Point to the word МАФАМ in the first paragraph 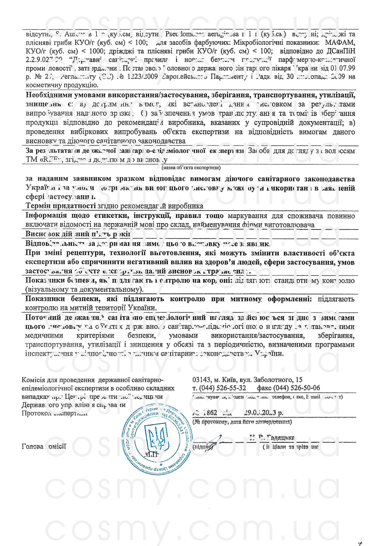pos(340,43)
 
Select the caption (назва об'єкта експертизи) pos(191,168)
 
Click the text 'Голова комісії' pos(44,446)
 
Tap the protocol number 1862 pos(210,412)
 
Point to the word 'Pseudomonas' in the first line pos(184,34)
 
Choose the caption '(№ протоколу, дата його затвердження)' pos(242,422)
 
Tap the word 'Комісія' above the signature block pos(33,380)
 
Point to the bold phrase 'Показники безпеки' pos(55,299)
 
